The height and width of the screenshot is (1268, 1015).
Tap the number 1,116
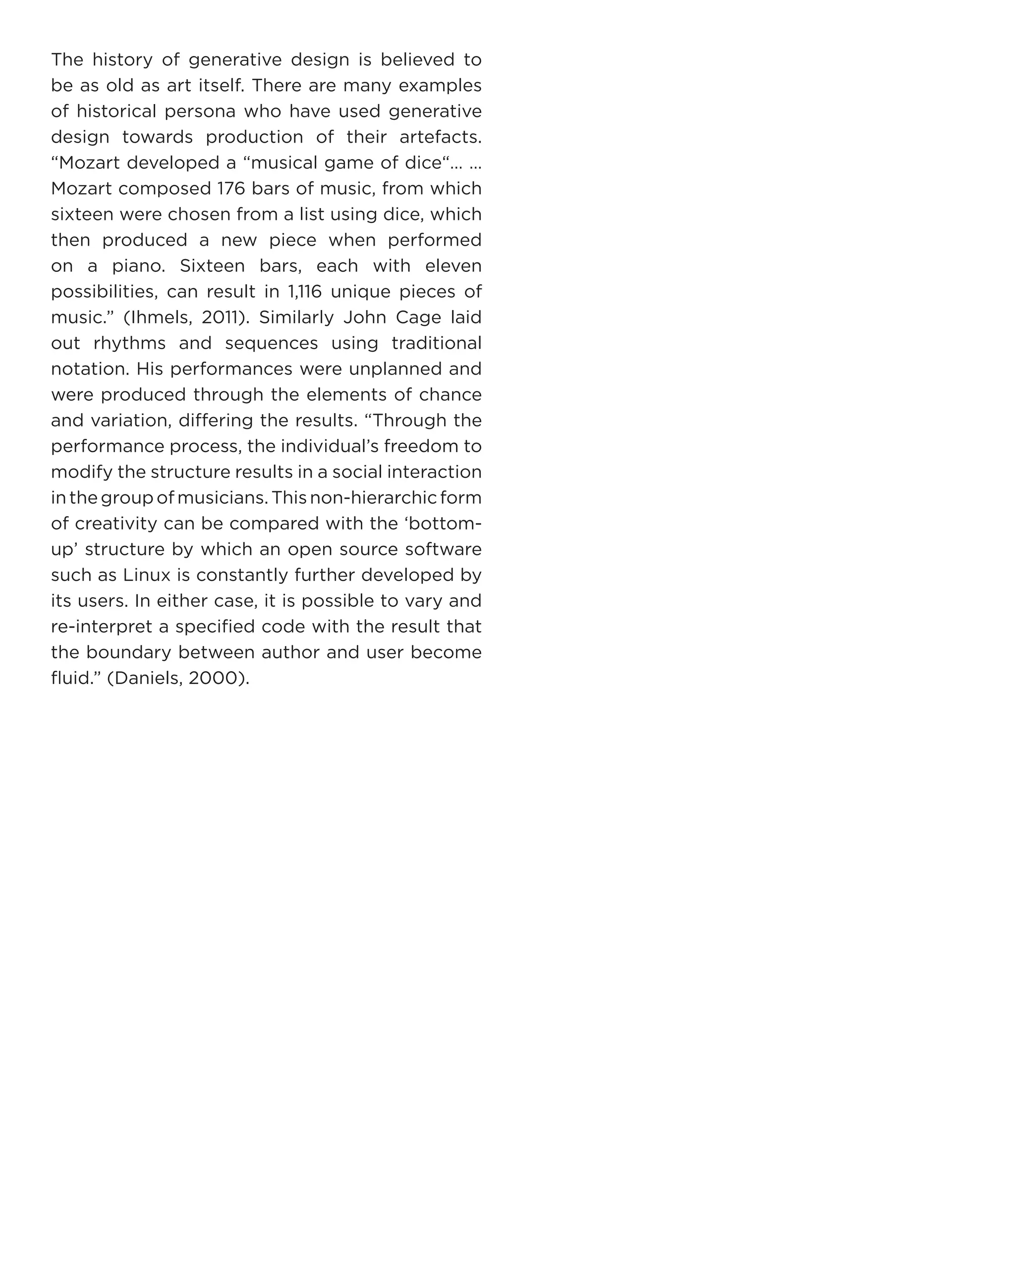coord(305,292)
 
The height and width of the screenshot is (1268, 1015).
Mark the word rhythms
coord(129,343)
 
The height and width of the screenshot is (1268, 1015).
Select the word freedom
coord(421,446)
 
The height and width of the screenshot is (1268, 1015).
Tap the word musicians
coord(223,498)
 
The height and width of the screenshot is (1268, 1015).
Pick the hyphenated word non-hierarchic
coord(373,498)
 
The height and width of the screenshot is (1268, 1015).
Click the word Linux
coord(147,575)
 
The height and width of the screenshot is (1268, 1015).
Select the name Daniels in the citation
coord(147,679)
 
